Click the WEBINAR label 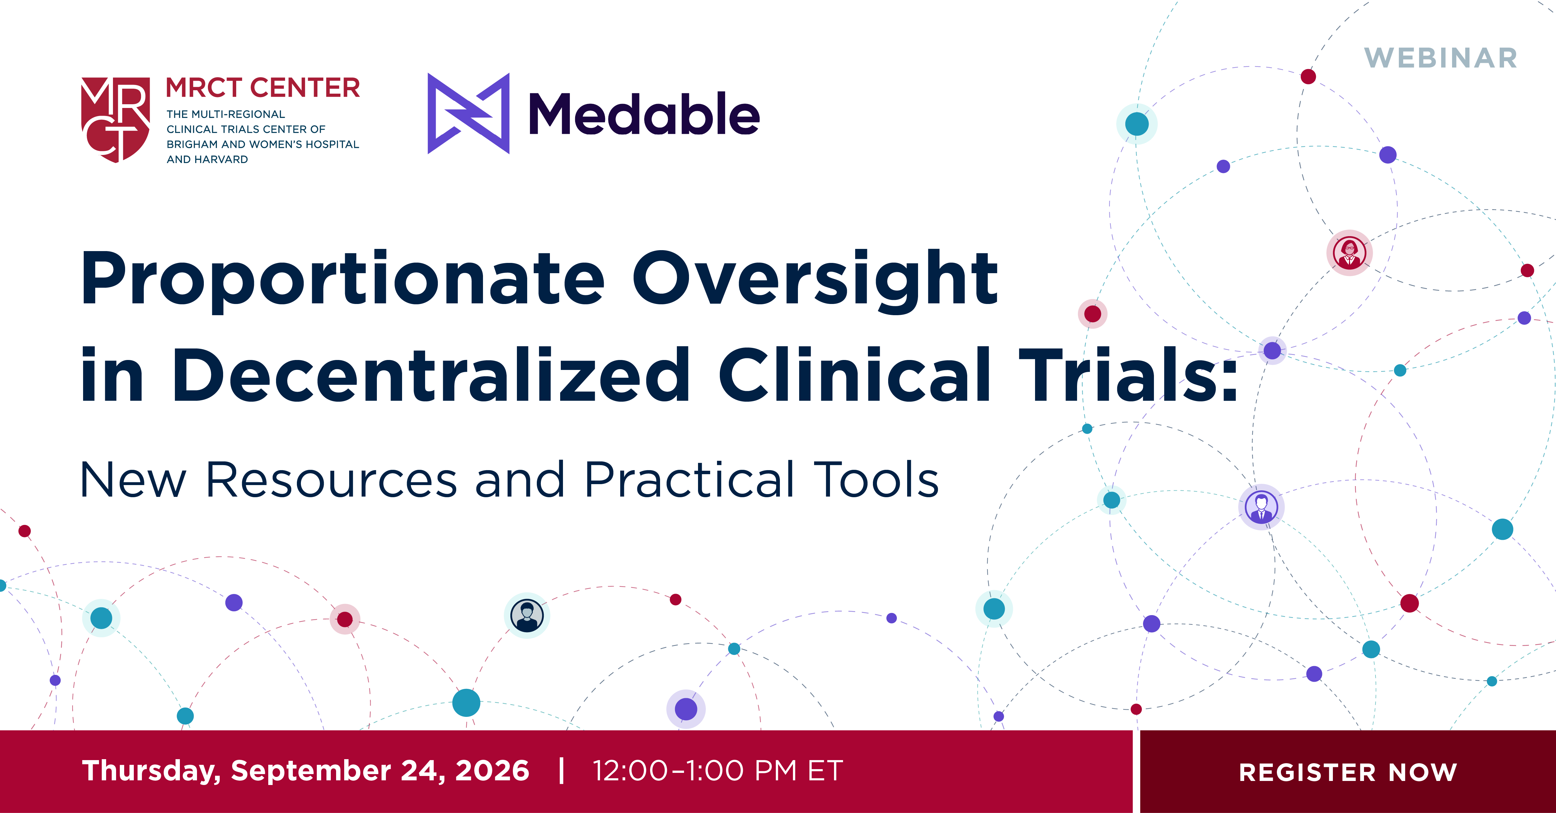[x=1441, y=58]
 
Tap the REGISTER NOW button [x=1347, y=771]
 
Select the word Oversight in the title [x=815, y=279]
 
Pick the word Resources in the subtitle [x=331, y=480]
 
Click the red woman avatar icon [x=1349, y=252]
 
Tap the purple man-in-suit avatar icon [x=1261, y=507]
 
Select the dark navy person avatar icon [x=527, y=615]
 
